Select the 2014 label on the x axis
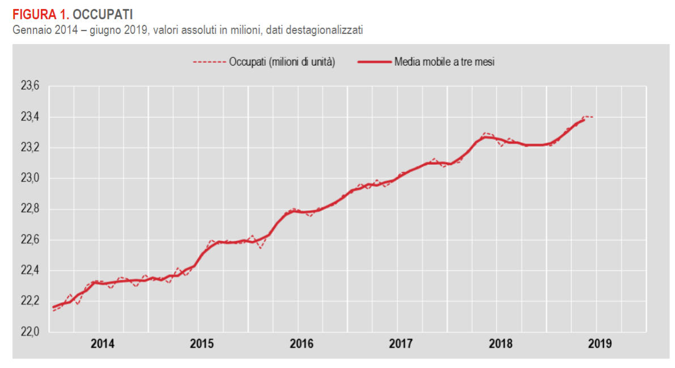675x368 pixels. coord(103,344)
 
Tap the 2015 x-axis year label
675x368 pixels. coord(202,344)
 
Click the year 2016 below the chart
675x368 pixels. coord(302,344)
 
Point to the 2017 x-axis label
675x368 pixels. coord(401,344)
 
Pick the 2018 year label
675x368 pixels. coord(500,344)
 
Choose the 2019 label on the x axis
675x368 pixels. coord(600,344)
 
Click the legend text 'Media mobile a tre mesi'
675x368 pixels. coord(444,62)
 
